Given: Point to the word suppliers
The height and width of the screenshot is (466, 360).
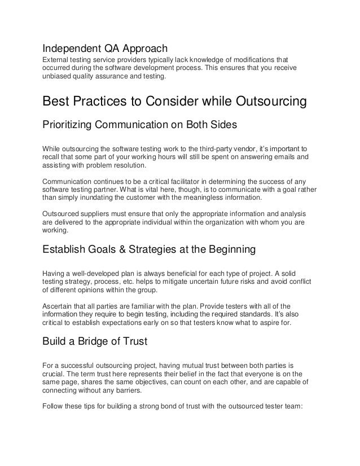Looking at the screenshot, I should (x=99, y=214).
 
